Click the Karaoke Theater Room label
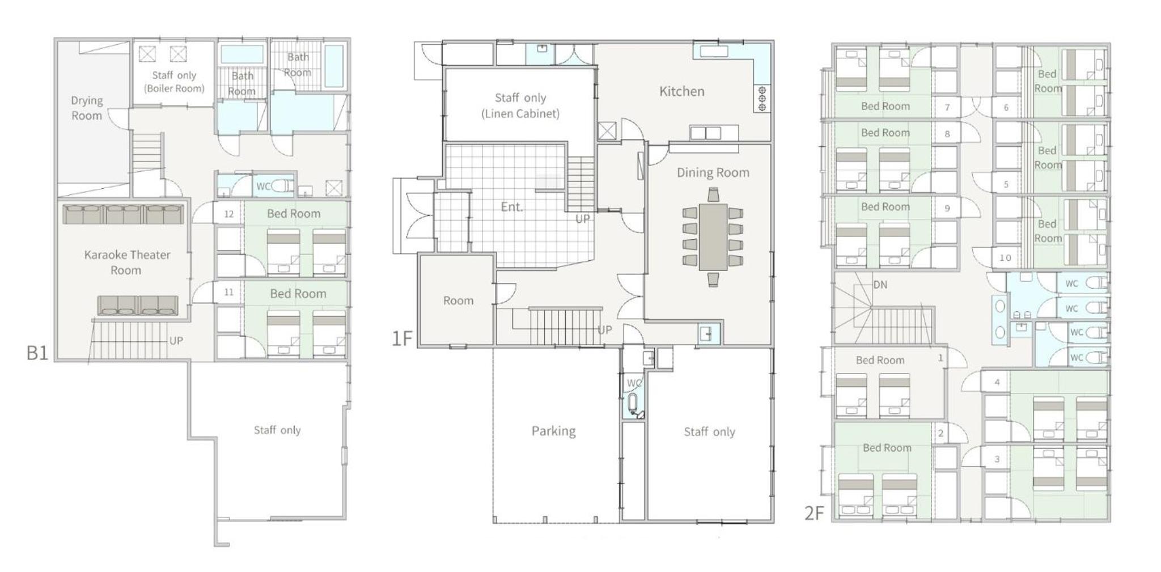(x=127, y=262)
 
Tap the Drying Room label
(x=87, y=108)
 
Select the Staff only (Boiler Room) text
(x=174, y=82)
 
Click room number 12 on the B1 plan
(x=229, y=214)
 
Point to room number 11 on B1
(x=229, y=292)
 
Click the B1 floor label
(x=37, y=353)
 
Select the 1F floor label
(x=402, y=338)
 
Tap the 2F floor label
(x=814, y=513)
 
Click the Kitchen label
(x=682, y=91)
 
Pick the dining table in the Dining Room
(x=713, y=236)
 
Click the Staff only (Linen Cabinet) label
(x=520, y=105)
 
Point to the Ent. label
(x=512, y=207)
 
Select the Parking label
(x=553, y=431)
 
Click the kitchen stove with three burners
(x=762, y=99)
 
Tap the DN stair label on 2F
(x=880, y=285)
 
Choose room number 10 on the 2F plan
(x=1005, y=257)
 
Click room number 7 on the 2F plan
(x=947, y=107)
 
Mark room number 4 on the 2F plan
(x=997, y=382)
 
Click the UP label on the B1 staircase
(x=176, y=341)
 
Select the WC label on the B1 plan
(x=264, y=186)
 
